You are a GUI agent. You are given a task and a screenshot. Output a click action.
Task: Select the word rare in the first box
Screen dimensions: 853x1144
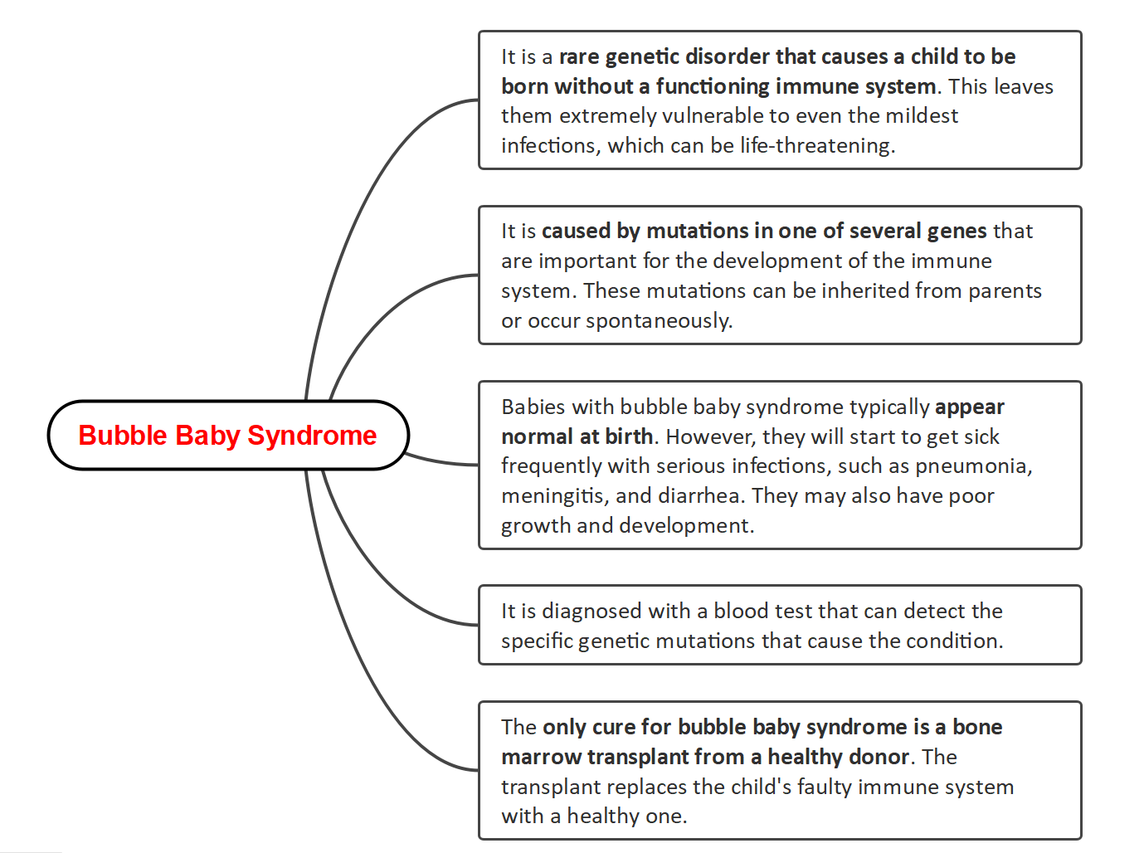579,56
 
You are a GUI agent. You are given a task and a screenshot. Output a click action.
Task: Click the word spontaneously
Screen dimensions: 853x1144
659,320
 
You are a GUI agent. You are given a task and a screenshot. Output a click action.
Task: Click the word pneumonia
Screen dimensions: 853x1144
972,465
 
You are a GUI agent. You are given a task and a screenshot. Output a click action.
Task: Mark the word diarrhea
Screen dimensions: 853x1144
703,495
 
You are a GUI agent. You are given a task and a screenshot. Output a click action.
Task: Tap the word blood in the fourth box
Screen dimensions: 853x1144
740,611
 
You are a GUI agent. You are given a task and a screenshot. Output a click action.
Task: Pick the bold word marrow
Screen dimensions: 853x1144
541,757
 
